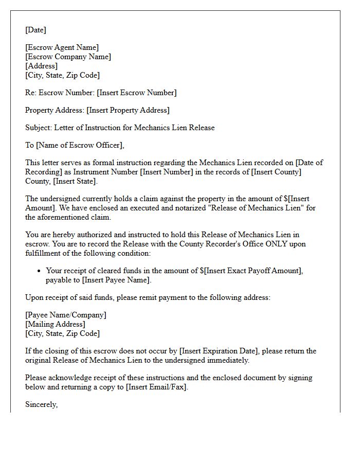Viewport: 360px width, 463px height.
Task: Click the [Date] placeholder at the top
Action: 35,30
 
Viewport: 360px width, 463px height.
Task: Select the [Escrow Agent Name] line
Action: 62,48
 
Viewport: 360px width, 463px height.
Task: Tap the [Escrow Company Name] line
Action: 68,57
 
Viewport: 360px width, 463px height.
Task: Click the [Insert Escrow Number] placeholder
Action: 137,93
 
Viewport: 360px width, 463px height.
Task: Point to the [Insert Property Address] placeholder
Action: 128,110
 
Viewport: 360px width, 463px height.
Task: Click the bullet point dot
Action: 39,271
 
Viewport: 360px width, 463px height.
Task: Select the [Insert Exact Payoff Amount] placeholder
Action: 250,271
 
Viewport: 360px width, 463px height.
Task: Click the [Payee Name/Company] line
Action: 66,315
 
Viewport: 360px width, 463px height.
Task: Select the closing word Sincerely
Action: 41,404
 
